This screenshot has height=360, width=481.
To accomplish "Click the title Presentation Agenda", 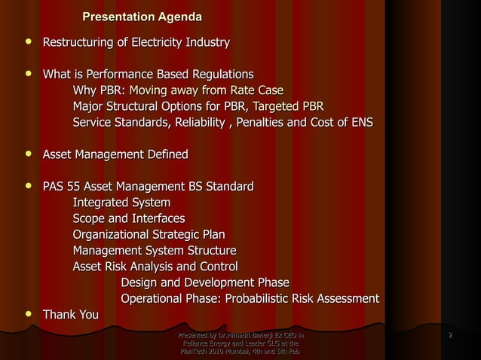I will click(x=142, y=17).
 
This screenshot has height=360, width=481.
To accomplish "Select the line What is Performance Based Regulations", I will click(x=148, y=75).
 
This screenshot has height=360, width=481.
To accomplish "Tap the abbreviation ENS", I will click(x=357, y=123).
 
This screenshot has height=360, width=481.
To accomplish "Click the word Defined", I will click(x=162, y=155).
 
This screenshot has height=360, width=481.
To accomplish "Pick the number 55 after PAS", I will click(x=73, y=187).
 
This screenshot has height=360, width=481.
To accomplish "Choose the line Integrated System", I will click(x=121, y=203).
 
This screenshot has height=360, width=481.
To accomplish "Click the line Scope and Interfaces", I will click(x=128, y=218).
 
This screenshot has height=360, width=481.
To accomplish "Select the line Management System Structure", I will click(x=155, y=250).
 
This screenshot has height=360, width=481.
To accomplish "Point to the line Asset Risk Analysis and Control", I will click(x=155, y=266).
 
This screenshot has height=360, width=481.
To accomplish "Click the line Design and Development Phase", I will click(x=205, y=282).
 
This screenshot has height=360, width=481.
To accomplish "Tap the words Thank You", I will click(x=70, y=314).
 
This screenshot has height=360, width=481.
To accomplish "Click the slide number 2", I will click(x=450, y=334).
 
